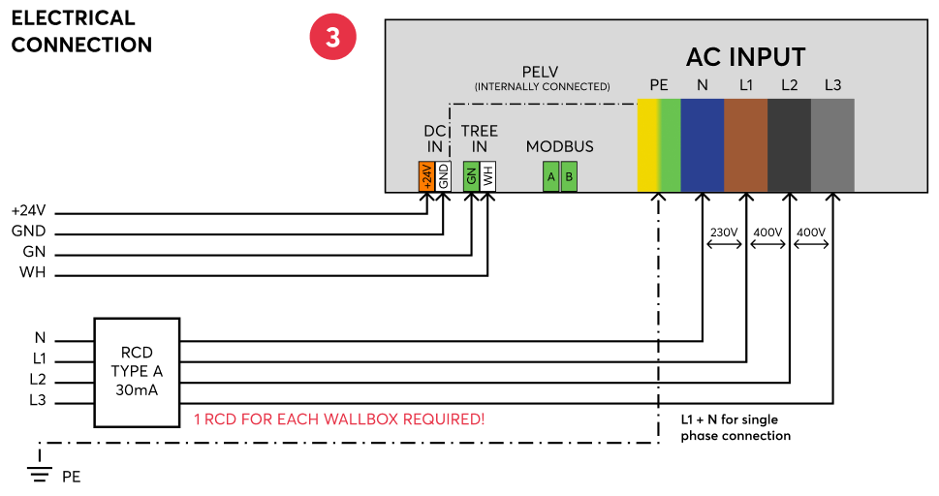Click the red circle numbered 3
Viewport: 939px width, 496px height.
point(332,37)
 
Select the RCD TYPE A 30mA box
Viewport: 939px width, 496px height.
point(137,372)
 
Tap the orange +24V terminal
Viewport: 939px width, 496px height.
point(426,176)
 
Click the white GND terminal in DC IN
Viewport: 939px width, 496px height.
point(443,176)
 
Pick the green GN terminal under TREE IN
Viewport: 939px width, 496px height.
point(471,176)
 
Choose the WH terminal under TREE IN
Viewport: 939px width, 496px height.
point(488,176)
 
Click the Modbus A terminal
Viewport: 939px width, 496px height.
point(551,176)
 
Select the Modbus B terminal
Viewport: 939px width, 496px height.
point(569,176)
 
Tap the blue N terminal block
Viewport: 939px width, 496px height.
point(703,145)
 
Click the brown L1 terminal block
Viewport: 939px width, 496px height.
point(746,145)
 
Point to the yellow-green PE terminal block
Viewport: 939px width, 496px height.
point(659,145)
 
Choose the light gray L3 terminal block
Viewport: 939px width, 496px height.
point(833,145)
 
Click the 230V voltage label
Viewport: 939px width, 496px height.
point(724,232)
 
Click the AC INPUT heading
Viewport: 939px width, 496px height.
point(745,57)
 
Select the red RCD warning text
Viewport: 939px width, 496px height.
point(339,418)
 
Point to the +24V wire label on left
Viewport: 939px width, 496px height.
point(28,211)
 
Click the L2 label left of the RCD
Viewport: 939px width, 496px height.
point(38,379)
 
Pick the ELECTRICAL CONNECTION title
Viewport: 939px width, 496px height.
point(81,31)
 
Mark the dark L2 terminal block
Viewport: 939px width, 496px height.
point(790,145)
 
